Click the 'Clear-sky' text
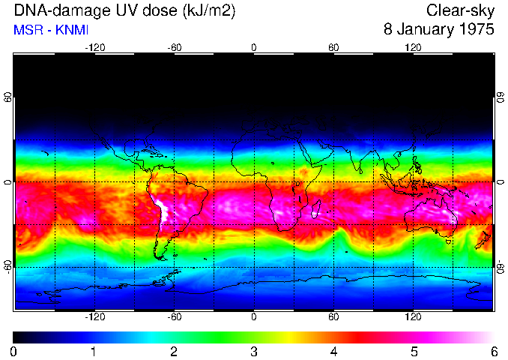tap(460, 11)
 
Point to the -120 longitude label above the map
tap(94, 47)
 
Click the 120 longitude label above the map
tap(413, 47)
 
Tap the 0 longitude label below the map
tap(254, 317)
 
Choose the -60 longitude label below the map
tap(174, 317)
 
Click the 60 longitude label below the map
tap(333, 317)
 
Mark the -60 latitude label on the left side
tap(7, 266)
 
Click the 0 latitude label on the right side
tap(500, 182)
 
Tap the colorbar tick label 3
tap(253, 351)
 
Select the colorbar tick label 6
tap(493, 351)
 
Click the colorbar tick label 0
tap(14, 351)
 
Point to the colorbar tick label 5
tap(413, 351)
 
